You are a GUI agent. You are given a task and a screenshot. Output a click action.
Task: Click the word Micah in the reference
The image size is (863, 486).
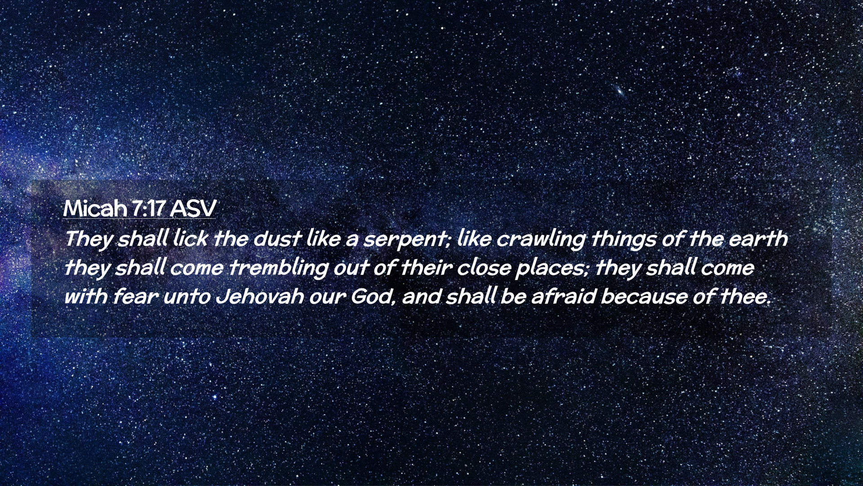tap(95, 208)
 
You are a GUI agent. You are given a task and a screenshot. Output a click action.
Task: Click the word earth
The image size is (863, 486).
tap(758, 238)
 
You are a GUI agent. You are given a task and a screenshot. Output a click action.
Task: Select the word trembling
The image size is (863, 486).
tap(279, 269)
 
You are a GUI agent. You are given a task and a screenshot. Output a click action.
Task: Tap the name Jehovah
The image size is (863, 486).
tap(260, 297)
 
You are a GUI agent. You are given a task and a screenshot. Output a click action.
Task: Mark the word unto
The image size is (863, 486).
tap(187, 297)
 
